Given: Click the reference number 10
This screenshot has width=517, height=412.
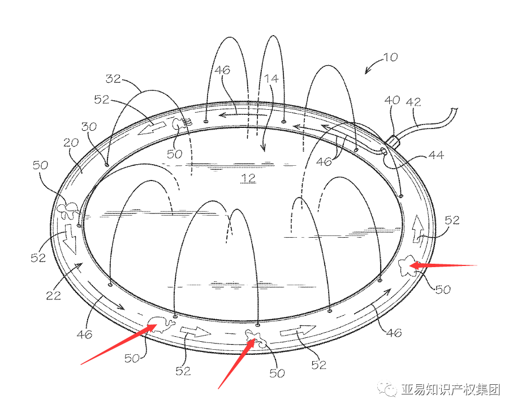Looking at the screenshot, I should (390, 57).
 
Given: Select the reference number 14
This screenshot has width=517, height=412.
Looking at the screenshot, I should (273, 79).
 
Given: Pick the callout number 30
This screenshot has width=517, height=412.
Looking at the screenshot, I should (89, 127).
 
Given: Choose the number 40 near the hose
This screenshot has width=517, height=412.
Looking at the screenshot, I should (391, 101).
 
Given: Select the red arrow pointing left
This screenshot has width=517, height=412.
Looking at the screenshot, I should (447, 264).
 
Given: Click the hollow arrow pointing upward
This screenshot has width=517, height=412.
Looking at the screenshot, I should (419, 229).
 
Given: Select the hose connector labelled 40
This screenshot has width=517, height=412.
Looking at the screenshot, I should (390, 141).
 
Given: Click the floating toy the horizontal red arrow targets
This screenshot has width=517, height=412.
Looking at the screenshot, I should (406, 265).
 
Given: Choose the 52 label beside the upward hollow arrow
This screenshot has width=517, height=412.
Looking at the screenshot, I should (452, 220).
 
